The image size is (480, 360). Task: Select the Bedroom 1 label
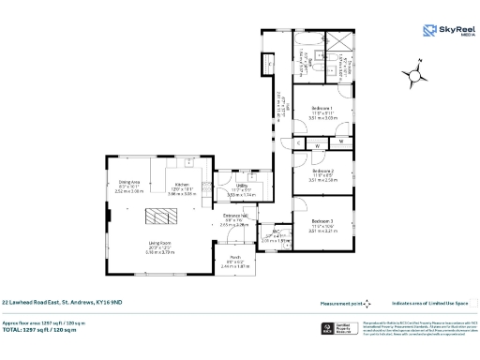click(322, 110)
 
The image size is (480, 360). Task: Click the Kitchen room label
click(183, 185)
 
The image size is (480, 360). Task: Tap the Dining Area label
click(129, 182)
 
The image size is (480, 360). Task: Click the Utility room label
click(241, 186)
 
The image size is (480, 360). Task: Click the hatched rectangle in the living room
click(157, 217)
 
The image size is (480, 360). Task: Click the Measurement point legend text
click(340, 303)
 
